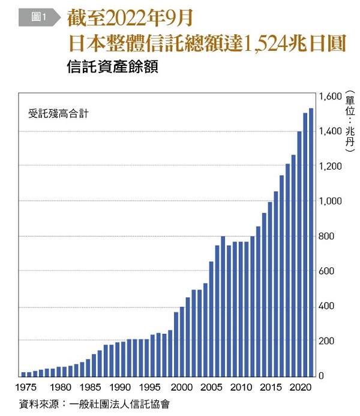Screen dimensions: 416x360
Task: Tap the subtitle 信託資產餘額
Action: [x=113, y=68]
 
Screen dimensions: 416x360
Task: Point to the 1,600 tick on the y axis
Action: [x=329, y=96]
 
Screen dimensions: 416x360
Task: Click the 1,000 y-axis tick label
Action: [x=329, y=201]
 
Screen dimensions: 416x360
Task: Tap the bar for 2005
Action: [x=211, y=318]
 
